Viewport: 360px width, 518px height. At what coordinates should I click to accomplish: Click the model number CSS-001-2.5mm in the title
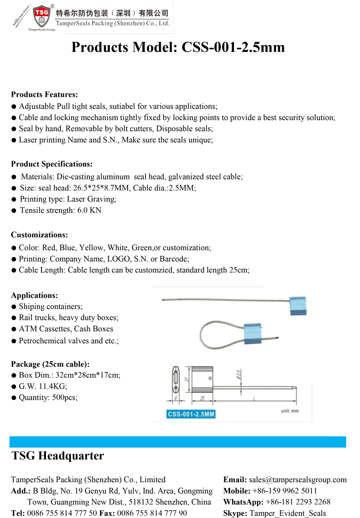[233, 47]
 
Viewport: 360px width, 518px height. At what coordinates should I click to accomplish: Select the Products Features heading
[44, 94]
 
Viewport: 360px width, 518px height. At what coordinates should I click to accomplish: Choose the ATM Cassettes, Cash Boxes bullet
[66, 329]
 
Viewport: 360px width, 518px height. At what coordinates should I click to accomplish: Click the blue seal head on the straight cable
[298, 306]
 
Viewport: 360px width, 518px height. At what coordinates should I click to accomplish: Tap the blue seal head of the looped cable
[253, 334]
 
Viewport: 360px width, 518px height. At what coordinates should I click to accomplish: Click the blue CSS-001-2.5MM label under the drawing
[191, 414]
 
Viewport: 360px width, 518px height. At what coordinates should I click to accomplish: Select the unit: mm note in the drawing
[290, 411]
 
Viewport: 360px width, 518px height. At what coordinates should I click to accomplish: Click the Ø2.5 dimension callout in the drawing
[239, 374]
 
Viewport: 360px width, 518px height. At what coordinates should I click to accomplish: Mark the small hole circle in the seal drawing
[210, 378]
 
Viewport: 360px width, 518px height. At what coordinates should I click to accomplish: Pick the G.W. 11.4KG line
[43, 386]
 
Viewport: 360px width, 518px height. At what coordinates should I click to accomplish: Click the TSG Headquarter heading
[58, 456]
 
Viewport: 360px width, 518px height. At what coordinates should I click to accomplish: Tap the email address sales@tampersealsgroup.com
[298, 480]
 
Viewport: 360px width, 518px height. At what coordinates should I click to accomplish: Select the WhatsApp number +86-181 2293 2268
[298, 502]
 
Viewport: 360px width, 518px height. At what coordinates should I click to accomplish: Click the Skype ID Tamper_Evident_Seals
[287, 513]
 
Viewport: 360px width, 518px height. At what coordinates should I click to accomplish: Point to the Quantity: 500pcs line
[48, 398]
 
